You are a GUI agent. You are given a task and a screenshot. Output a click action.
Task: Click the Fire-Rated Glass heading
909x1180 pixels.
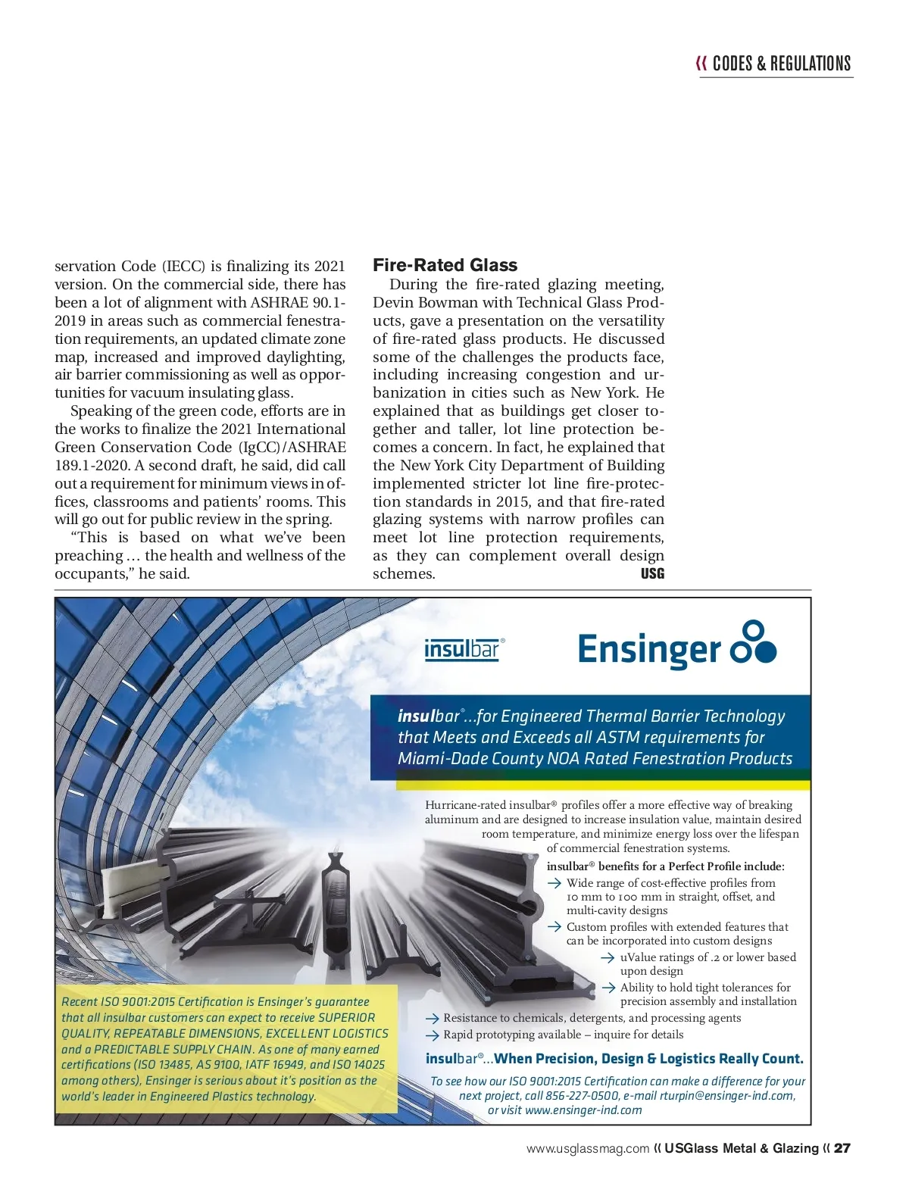(445, 265)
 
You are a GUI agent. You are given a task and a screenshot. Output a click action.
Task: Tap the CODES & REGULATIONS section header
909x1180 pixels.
(781, 64)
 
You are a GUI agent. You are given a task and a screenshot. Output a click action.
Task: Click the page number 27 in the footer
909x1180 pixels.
(842, 1148)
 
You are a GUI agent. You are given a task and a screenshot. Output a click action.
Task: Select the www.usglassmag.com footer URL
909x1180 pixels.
(588, 1148)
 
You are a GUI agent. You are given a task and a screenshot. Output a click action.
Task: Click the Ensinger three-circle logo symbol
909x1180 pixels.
(753, 642)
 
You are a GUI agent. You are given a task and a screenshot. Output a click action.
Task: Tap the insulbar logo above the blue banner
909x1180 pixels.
(464, 650)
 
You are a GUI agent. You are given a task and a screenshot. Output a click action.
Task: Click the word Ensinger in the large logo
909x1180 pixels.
(648, 650)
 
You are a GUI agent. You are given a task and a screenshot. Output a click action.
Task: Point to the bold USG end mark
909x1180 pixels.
(652, 573)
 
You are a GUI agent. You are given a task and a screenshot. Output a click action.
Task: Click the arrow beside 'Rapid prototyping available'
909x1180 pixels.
(433, 1035)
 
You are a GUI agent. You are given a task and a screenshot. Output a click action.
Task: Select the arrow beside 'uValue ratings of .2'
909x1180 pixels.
(608, 957)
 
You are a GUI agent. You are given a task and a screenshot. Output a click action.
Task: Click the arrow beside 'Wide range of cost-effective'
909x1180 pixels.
(554, 883)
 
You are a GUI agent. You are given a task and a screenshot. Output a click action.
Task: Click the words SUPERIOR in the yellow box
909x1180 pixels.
(346, 1017)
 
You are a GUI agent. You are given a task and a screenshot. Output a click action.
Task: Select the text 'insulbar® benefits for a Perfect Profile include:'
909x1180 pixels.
(665, 866)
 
